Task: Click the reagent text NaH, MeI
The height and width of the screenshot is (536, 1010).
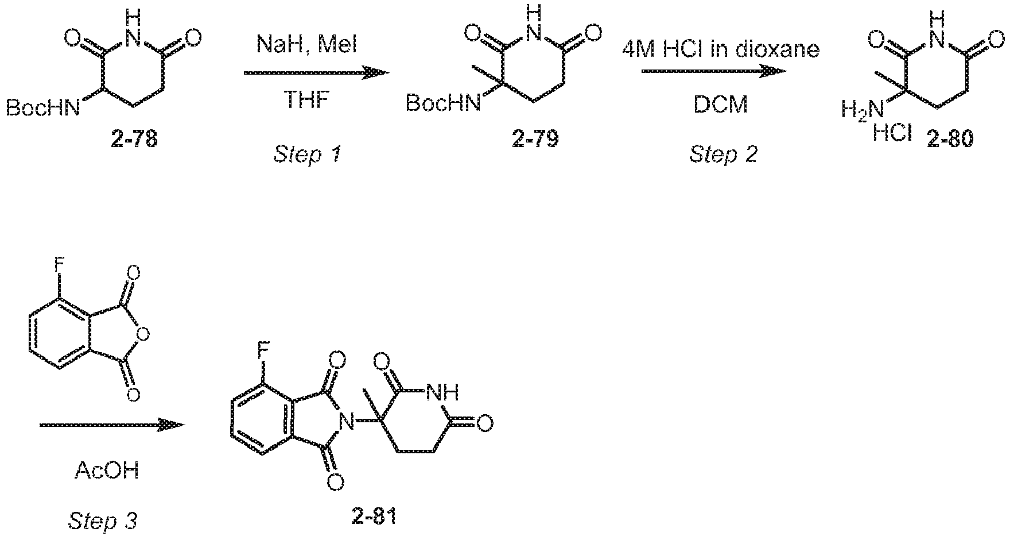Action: coord(307,45)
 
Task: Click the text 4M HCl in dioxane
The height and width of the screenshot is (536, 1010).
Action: coord(721,50)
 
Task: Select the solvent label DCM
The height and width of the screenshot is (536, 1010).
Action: coord(721,105)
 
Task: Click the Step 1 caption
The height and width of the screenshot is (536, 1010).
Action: coord(308,155)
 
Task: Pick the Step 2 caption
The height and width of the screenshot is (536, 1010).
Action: coord(723,153)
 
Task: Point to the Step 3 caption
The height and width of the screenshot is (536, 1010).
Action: coord(103,521)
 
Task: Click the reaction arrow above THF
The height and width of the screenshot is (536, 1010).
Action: coord(317,73)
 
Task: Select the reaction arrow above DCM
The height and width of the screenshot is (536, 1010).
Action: coord(713,72)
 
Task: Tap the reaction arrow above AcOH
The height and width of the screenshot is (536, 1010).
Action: coord(112,425)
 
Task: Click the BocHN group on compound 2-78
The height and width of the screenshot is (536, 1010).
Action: coord(44,108)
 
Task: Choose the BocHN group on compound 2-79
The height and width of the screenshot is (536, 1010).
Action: coord(444,104)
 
